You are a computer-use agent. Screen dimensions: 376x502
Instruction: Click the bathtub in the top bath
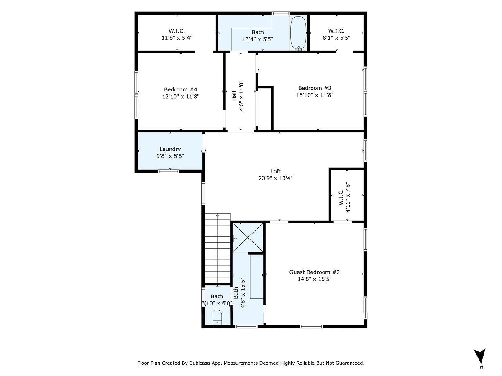[298, 33]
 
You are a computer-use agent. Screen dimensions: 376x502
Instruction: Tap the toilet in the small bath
[217, 317]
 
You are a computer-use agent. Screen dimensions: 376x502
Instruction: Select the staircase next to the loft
[218, 249]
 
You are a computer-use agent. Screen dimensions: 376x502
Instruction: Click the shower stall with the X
[248, 238]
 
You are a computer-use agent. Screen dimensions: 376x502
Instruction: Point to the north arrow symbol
[481, 356]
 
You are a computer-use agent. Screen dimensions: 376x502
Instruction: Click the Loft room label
[276, 171]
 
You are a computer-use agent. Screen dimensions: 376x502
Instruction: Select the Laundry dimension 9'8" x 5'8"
[170, 156]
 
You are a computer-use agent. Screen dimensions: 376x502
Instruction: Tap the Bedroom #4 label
[180, 89]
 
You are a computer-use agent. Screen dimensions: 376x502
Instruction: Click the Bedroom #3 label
[315, 88]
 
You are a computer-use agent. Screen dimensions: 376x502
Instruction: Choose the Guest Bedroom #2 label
[314, 272]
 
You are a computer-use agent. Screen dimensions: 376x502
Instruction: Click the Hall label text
[235, 96]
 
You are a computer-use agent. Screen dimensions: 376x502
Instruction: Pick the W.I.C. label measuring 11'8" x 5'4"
[177, 38]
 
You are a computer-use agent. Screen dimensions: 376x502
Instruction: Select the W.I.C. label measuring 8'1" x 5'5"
[336, 38]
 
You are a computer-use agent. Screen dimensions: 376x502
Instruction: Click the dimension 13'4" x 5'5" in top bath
[258, 39]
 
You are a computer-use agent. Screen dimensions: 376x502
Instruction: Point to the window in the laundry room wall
[169, 171]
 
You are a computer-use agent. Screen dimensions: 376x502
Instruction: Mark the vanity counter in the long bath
[256, 276]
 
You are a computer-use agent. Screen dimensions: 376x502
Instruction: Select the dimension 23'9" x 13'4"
[276, 178]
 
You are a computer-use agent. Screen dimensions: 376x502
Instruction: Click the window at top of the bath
[281, 13]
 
